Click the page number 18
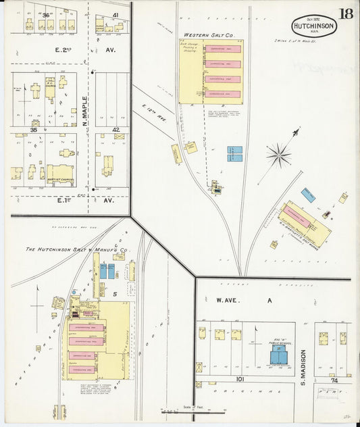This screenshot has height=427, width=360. (346, 14)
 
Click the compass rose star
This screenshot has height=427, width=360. (278, 155)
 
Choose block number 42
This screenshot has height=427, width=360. (116, 130)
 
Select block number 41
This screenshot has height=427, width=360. (116, 15)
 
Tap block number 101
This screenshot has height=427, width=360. (240, 379)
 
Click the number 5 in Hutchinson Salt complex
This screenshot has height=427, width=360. (115, 294)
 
